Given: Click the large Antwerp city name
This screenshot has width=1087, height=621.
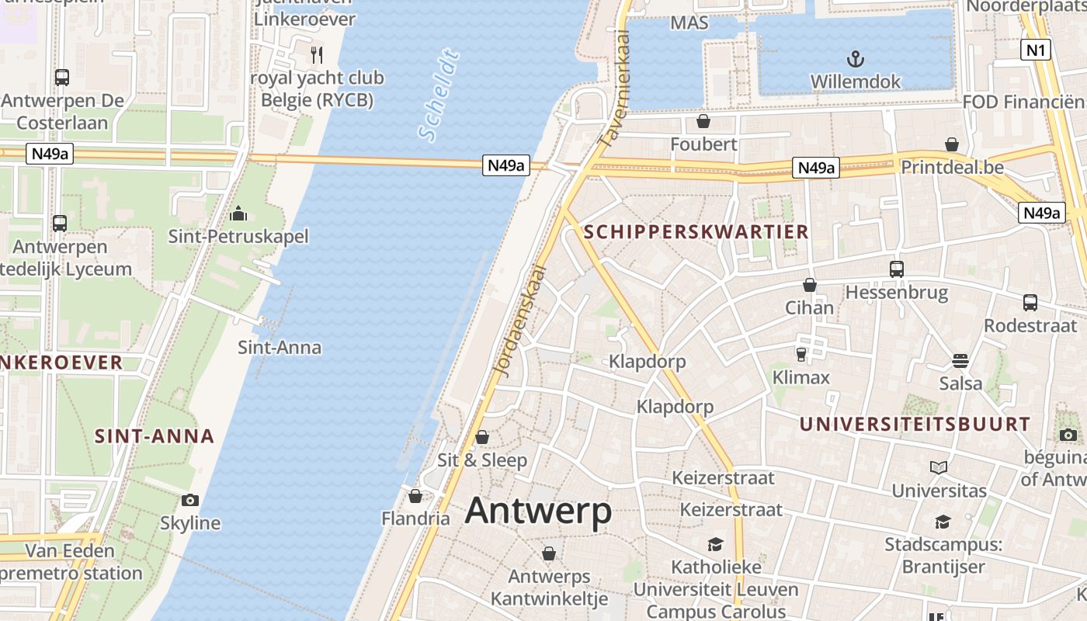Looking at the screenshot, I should point(538,512).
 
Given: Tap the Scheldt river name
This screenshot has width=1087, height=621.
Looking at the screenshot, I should point(439,95).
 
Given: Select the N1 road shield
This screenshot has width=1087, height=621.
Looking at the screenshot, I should point(1037,50).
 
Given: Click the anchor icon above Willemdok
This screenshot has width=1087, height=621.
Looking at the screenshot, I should point(855,59).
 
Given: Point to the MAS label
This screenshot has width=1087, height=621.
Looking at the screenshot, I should point(689,23).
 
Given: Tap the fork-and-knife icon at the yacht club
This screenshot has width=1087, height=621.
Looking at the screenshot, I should point(316,54).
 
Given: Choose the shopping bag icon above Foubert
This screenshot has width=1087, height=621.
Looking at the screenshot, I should point(703,121).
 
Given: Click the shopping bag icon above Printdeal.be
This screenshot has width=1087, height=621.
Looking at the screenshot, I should point(952,144).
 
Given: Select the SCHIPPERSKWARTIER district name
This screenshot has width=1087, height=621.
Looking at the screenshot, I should point(696,231).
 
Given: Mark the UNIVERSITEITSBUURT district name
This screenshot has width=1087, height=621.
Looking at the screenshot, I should point(915,425).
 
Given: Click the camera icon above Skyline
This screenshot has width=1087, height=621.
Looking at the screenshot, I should point(190,500).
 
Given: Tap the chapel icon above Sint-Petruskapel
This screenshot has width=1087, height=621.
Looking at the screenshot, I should point(238,213).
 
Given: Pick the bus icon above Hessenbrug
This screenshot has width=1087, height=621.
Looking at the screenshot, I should point(897,269).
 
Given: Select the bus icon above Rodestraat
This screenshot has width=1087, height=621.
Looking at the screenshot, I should point(1030,303).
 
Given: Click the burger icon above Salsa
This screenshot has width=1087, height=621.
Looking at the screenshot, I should point(960,361).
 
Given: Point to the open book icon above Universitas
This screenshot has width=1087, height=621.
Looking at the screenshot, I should point(939,467).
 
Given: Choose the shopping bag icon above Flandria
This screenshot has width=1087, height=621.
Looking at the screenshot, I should point(415,495).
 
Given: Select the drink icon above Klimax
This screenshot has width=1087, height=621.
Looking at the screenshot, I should point(801,355).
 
